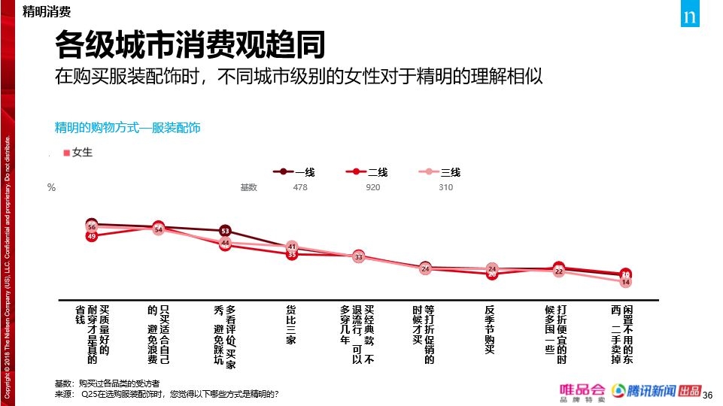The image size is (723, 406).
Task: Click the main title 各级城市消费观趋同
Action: pyautogui.click(x=190, y=45)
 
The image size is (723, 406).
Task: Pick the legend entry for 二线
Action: pyautogui.click(x=366, y=172)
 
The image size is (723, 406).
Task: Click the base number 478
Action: pyautogui.click(x=299, y=187)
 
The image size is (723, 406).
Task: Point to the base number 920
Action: pyautogui.click(x=372, y=187)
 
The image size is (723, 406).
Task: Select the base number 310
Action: pyautogui.click(x=445, y=187)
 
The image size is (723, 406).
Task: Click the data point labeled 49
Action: pyautogui.click(x=92, y=236)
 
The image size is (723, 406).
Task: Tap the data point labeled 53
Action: pyautogui.click(x=225, y=231)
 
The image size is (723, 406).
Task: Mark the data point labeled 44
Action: pyautogui.click(x=225, y=243)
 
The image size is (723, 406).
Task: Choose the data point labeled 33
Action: pyautogui.click(x=359, y=257)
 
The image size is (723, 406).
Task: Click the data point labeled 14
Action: pyautogui.click(x=625, y=282)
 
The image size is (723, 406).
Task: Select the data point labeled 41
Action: pyautogui.click(x=292, y=247)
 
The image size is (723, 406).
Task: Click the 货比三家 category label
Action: pyautogui.click(x=291, y=325)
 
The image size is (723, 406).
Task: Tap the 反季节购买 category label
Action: pyautogui.click(x=490, y=329)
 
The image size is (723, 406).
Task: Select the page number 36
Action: pyautogui.click(x=706, y=395)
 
